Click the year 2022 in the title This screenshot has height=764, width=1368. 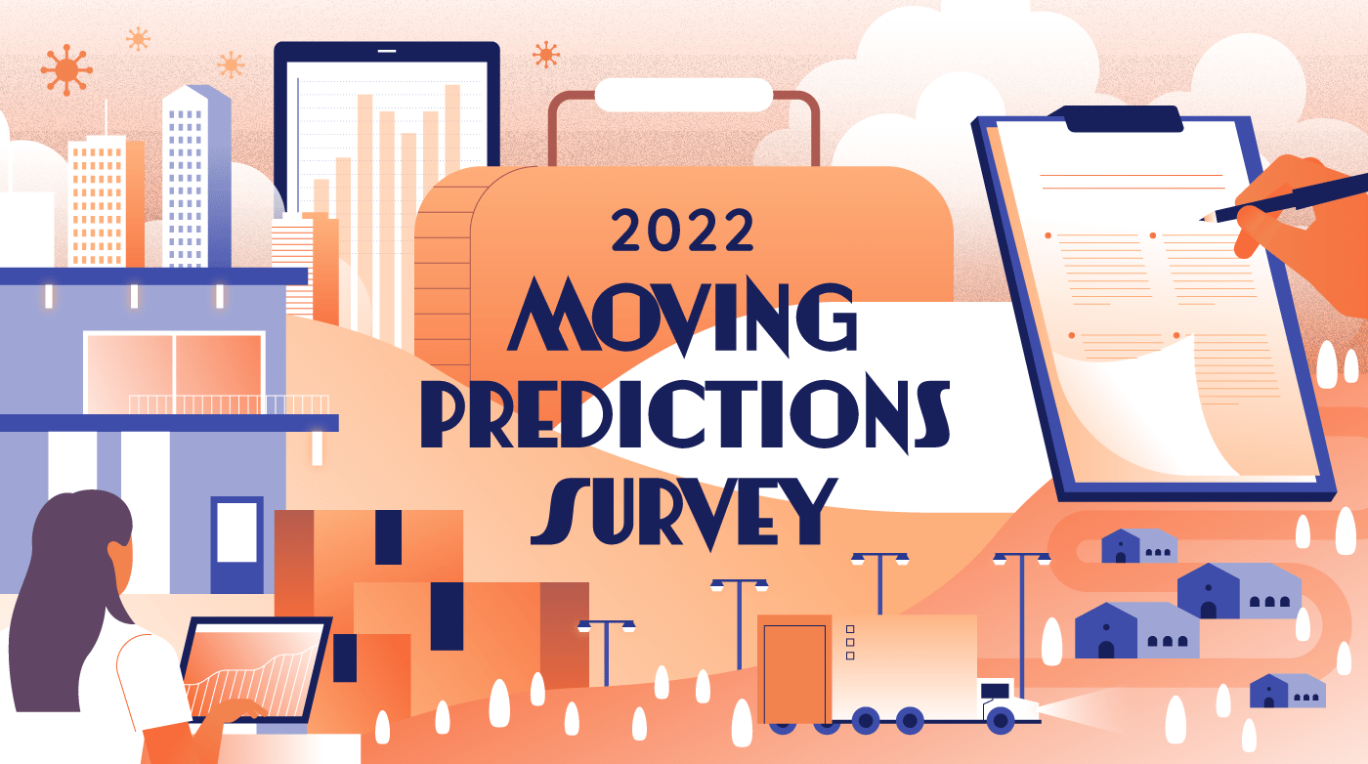(x=682, y=230)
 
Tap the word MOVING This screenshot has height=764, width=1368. (x=682, y=317)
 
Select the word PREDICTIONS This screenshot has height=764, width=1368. (x=685, y=415)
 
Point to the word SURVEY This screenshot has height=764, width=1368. (x=683, y=513)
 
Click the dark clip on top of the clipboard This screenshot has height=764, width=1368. (x=1124, y=118)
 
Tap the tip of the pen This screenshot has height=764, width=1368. (x=1201, y=219)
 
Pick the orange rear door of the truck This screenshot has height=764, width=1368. (x=794, y=668)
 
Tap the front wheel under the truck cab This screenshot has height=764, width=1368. (x=1001, y=721)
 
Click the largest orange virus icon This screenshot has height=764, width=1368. (x=66, y=69)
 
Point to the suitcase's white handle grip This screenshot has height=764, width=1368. (x=683, y=95)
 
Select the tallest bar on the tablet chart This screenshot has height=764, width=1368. (x=452, y=131)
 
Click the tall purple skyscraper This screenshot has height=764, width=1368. (x=196, y=176)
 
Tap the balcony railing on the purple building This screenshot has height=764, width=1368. (x=229, y=404)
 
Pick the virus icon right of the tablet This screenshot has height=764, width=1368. (x=546, y=55)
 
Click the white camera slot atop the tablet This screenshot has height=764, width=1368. (x=387, y=52)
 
